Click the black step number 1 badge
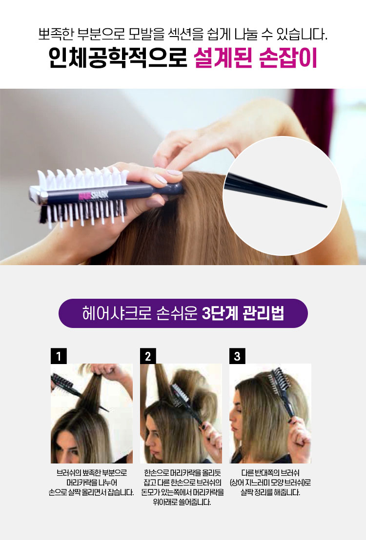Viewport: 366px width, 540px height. point(59,356)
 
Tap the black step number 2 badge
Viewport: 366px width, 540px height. point(148,356)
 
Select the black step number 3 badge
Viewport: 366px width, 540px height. point(237,356)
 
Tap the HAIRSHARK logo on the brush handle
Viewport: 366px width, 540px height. point(93,195)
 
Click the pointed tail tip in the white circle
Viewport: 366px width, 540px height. point(326,207)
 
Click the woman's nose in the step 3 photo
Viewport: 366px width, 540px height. point(232,418)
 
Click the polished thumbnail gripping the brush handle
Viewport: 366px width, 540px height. point(161,179)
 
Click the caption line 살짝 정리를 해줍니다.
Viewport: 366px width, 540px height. point(270,492)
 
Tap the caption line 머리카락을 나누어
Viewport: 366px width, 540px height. point(92,482)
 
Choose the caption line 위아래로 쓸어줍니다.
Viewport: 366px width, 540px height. point(182,502)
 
